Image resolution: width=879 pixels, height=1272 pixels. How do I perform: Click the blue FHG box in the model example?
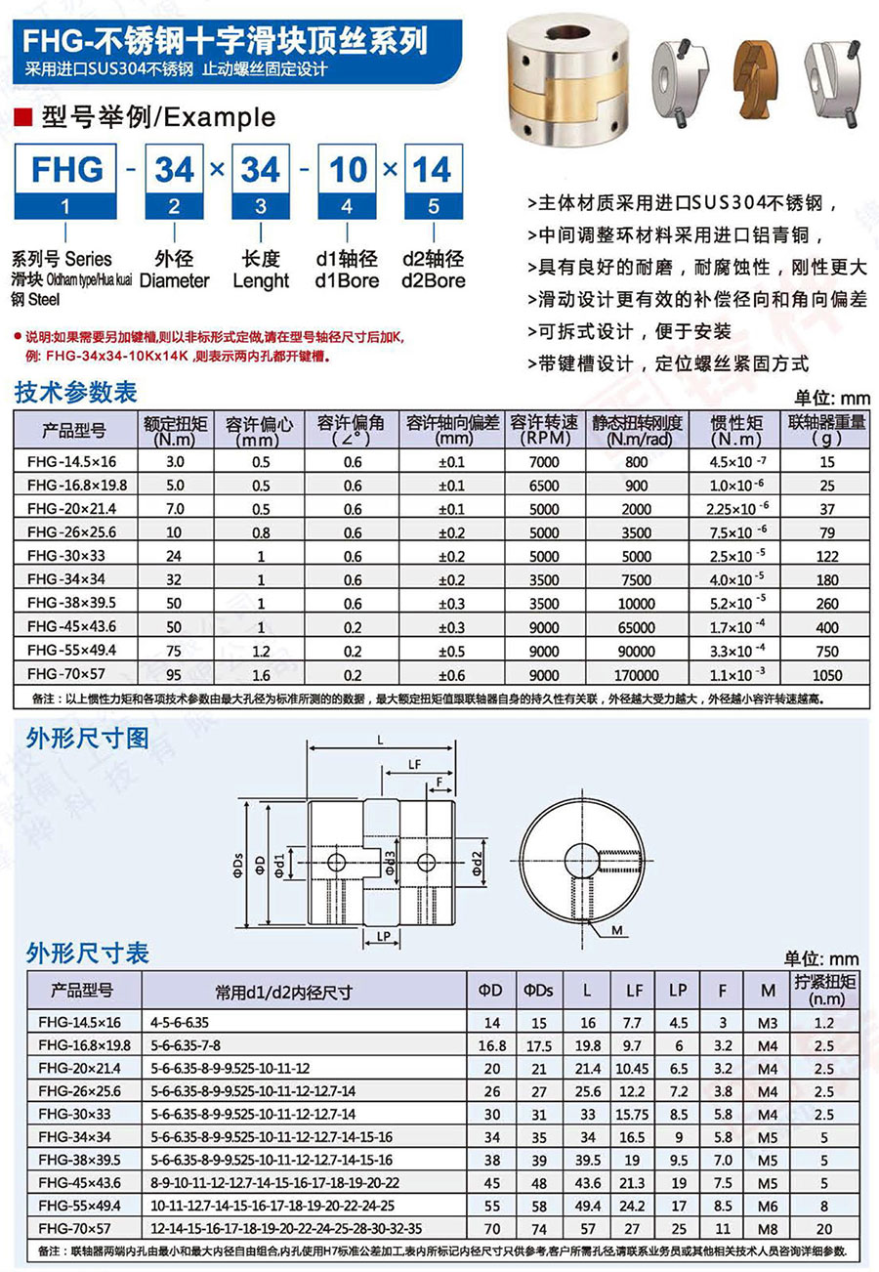pyautogui.click(x=66, y=169)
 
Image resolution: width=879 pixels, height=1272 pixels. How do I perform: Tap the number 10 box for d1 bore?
pyautogui.click(x=348, y=169)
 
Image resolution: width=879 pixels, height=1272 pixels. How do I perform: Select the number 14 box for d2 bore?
pyautogui.click(x=432, y=169)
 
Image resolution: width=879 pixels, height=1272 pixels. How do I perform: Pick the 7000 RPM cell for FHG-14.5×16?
pyautogui.click(x=545, y=460)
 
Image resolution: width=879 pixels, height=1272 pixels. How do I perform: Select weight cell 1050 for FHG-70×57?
pyautogui.click(x=829, y=675)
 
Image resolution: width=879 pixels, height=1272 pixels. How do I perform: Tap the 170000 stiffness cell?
pyautogui.click(x=636, y=675)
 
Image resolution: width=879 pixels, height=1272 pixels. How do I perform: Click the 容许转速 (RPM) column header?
pyautogui.click(x=545, y=429)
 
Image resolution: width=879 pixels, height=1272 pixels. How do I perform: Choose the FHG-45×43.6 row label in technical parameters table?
pyautogui.click(x=68, y=627)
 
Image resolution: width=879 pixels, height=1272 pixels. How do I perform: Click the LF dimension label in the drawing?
pyautogui.click(x=414, y=764)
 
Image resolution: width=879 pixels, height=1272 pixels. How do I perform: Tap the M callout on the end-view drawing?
pyautogui.click(x=617, y=931)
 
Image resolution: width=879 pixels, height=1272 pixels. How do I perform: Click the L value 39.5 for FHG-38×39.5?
pyautogui.click(x=586, y=1160)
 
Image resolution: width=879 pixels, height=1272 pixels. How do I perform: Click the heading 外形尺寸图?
pyautogui.click(x=88, y=738)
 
